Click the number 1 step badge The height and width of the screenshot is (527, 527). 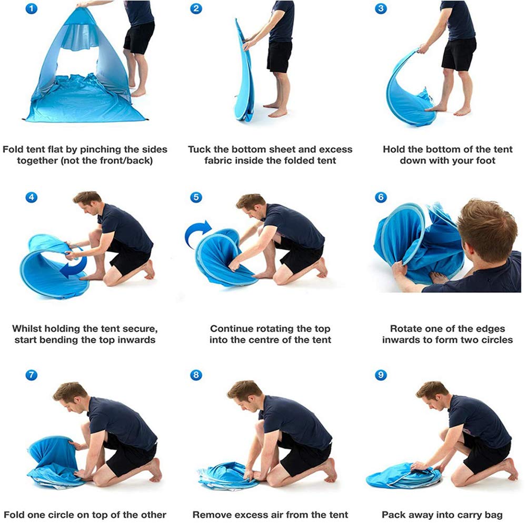32,8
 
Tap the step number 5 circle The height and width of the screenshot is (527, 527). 196,197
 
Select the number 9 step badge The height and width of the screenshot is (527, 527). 381,375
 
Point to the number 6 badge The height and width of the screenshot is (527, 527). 381,197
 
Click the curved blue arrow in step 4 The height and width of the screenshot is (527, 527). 75,264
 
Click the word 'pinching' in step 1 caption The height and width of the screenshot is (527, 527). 100,150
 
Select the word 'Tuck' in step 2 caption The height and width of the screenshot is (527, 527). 199,149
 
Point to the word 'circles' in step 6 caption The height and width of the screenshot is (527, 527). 496,340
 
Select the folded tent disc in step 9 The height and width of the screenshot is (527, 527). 403,475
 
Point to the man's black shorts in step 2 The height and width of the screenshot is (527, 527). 279,56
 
